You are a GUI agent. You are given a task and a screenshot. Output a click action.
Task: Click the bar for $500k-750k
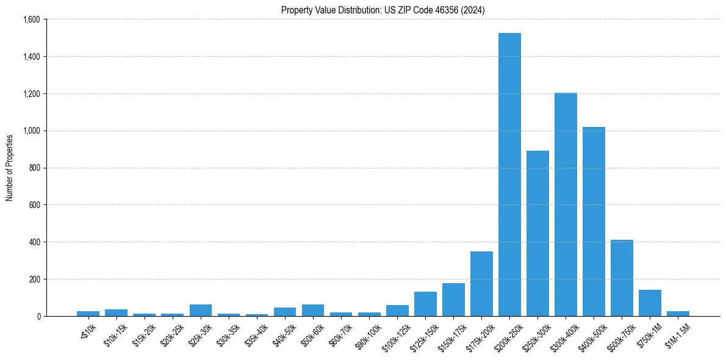(622, 278)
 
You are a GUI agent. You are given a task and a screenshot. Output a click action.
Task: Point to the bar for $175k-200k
(481, 284)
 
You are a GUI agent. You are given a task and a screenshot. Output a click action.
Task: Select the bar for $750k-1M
(650, 303)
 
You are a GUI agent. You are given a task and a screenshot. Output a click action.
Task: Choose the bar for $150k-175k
(453, 300)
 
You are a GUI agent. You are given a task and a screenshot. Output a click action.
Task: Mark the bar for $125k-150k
(425, 304)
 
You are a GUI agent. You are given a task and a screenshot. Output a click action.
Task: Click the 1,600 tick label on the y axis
(32, 20)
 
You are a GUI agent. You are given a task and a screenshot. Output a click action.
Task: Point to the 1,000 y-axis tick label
(32, 131)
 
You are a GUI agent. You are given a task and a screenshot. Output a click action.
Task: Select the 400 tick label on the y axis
(35, 242)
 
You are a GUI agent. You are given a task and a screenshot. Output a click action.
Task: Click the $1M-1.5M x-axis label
(678, 334)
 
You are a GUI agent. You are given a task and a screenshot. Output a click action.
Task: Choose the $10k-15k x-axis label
(116, 334)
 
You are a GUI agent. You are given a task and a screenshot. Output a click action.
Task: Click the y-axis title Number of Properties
(10, 168)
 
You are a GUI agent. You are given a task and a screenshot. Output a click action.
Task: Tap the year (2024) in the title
(473, 10)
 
